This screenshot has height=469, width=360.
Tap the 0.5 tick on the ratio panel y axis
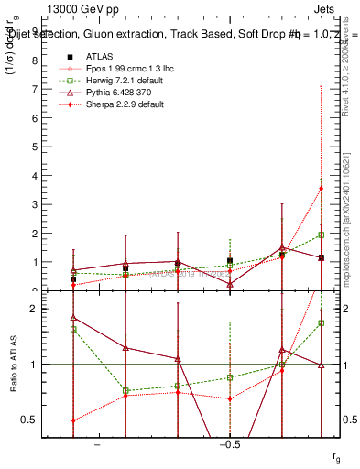[x=30, y=420]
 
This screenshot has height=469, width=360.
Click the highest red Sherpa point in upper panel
[x=321, y=189]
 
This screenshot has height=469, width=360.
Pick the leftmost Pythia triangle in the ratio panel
[x=73, y=318]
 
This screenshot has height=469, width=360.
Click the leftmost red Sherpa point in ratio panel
[x=73, y=420]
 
